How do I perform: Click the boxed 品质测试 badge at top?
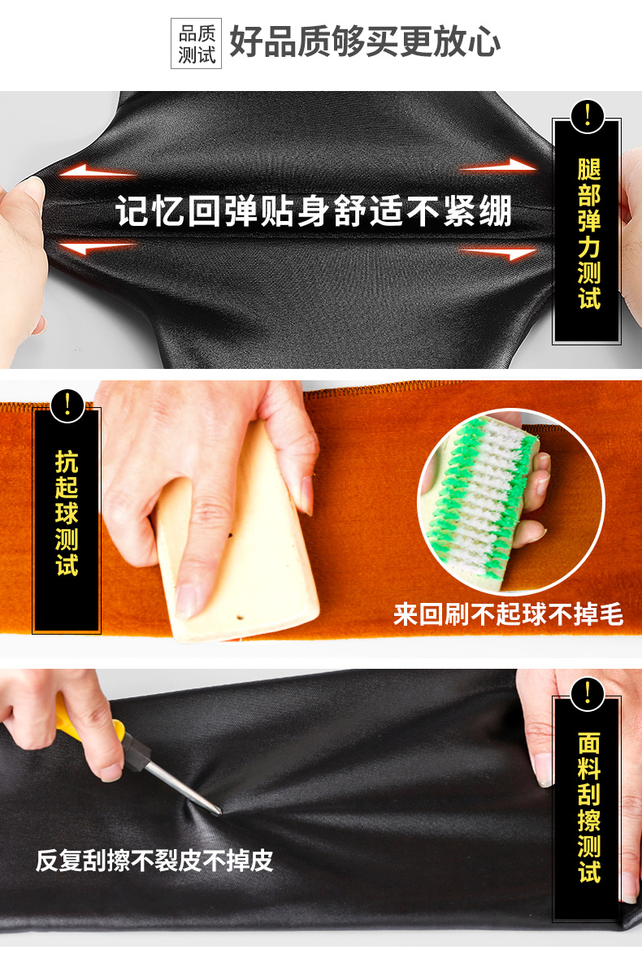coord(196,43)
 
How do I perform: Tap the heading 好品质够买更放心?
coord(365,42)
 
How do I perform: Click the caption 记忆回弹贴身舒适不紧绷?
coord(314,211)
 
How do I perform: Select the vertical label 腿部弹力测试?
coord(589,234)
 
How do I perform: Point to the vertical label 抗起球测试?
coord(67,513)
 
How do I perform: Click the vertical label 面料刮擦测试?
coord(589,807)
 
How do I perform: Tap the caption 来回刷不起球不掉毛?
coord(508,614)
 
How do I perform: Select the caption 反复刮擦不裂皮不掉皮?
coord(154,861)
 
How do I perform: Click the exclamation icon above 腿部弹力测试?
coord(587,116)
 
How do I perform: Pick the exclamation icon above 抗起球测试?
coord(67,405)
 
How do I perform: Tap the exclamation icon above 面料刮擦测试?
coord(587,694)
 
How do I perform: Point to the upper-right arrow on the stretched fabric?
coord(498,165)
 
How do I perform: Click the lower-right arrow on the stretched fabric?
coord(498,253)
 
